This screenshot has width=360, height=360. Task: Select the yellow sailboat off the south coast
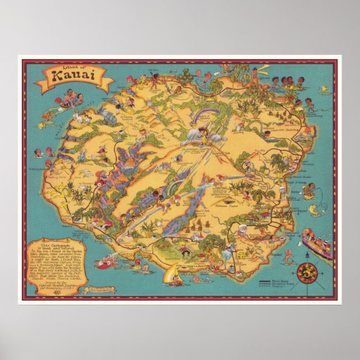(x=173, y=275)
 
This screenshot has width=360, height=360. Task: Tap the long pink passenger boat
(x=316, y=244)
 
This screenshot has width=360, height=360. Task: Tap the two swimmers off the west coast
(x=42, y=152)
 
